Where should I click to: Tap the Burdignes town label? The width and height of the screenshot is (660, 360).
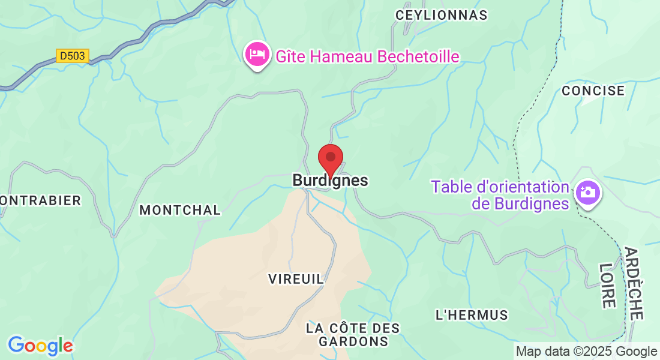point(330,180)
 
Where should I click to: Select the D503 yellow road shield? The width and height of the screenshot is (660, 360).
point(73,56)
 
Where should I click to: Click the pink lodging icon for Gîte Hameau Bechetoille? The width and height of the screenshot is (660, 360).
point(257,54)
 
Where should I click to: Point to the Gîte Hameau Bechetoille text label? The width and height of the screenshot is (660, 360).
point(367,56)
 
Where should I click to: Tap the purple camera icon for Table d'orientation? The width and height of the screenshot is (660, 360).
point(587,192)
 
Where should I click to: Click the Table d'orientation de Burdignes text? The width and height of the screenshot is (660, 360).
point(500,195)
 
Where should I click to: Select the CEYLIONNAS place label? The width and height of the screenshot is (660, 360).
point(441,16)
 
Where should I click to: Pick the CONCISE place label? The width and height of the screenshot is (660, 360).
point(593,91)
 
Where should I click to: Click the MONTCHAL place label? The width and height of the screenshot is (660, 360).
point(180,210)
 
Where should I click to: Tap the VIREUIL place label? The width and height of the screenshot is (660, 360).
point(296,278)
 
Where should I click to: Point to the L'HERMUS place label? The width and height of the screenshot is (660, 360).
point(472,314)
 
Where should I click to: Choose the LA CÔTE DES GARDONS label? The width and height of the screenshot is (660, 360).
point(353,335)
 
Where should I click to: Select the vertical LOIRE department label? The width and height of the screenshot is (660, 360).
point(608,285)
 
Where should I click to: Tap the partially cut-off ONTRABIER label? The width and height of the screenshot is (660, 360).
point(40,200)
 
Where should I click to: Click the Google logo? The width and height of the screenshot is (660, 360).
point(40,346)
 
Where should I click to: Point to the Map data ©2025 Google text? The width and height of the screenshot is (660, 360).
point(586,352)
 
